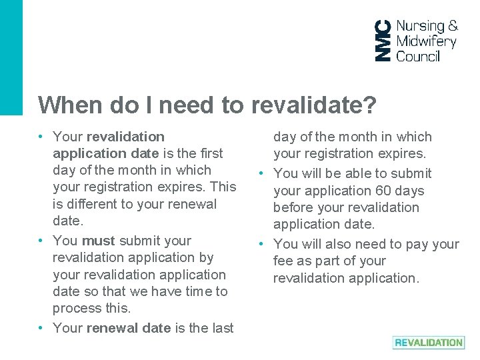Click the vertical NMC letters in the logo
pyautogui.click(x=383, y=40)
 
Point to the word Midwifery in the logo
pyautogui.click(x=426, y=42)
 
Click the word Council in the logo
pyautogui.click(x=418, y=57)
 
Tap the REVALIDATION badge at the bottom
pyautogui.click(x=428, y=343)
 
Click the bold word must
pyautogui.click(x=99, y=241)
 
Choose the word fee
pyautogui.click(x=283, y=261)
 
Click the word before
pyautogui.click(x=294, y=207)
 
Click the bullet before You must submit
pyautogui.click(x=41, y=241)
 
